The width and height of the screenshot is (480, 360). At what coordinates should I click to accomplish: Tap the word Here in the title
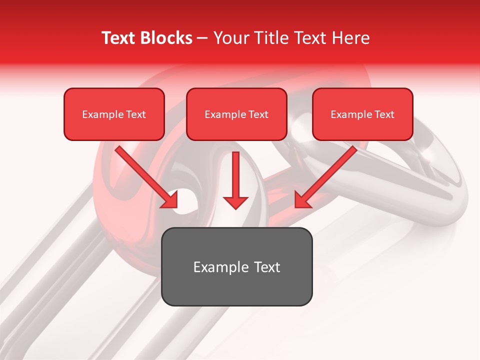coord(350,38)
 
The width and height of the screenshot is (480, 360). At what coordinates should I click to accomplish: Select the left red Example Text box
coord(114,114)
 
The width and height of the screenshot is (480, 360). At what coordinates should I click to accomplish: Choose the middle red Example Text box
coord(236,114)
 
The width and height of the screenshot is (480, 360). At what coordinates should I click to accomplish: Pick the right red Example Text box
coord(362,114)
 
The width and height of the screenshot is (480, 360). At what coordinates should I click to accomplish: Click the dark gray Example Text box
coord(236,266)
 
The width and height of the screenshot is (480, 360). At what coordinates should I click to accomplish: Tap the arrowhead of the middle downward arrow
coord(235,201)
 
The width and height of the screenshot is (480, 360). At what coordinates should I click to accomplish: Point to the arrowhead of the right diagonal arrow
coord(302,200)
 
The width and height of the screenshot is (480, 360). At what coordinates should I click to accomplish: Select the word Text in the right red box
coord(384,114)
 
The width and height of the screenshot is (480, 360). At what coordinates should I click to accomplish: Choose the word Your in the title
coord(230,38)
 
